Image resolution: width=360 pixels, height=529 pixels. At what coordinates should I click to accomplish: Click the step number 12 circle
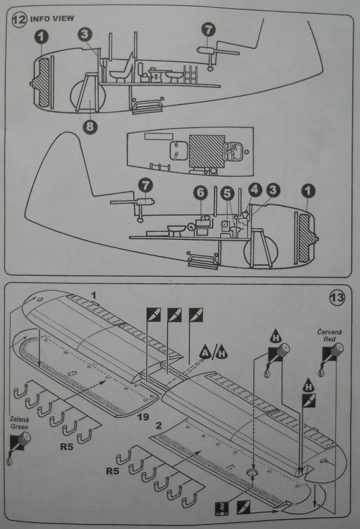tap(19, 19)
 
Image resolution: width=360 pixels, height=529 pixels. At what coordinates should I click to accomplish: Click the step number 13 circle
tap(337, 297)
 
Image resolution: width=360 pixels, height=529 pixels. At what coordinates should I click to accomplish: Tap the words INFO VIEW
tap(52, 19)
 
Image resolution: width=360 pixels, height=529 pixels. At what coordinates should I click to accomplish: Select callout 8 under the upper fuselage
tap(90, 126)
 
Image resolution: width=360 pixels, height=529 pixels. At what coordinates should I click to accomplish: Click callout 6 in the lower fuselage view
tap(201, 192)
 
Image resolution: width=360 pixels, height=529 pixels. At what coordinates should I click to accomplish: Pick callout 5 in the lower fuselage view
tap(227, 194)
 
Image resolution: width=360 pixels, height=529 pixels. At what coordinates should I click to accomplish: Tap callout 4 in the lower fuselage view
tap(255, 190)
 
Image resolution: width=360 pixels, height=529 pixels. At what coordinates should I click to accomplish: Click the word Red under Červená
tap(329, 339)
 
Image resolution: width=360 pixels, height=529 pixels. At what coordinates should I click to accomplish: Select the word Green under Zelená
tap(20, 427)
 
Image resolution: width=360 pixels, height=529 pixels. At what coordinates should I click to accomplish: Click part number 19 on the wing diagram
tap(143, 417)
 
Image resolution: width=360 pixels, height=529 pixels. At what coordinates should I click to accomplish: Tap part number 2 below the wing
tap(159, 425)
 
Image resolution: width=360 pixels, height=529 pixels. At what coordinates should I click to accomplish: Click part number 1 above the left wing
tap(94, 295)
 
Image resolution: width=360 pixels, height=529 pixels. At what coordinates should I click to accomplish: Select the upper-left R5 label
tap(66, 446)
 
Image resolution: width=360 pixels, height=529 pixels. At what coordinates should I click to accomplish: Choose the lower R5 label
tap(113, 470)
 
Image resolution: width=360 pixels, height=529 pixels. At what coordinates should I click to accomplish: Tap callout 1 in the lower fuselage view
tap(308, 191)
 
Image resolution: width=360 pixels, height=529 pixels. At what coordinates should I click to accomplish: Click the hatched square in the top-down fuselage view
tap(206, 151)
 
